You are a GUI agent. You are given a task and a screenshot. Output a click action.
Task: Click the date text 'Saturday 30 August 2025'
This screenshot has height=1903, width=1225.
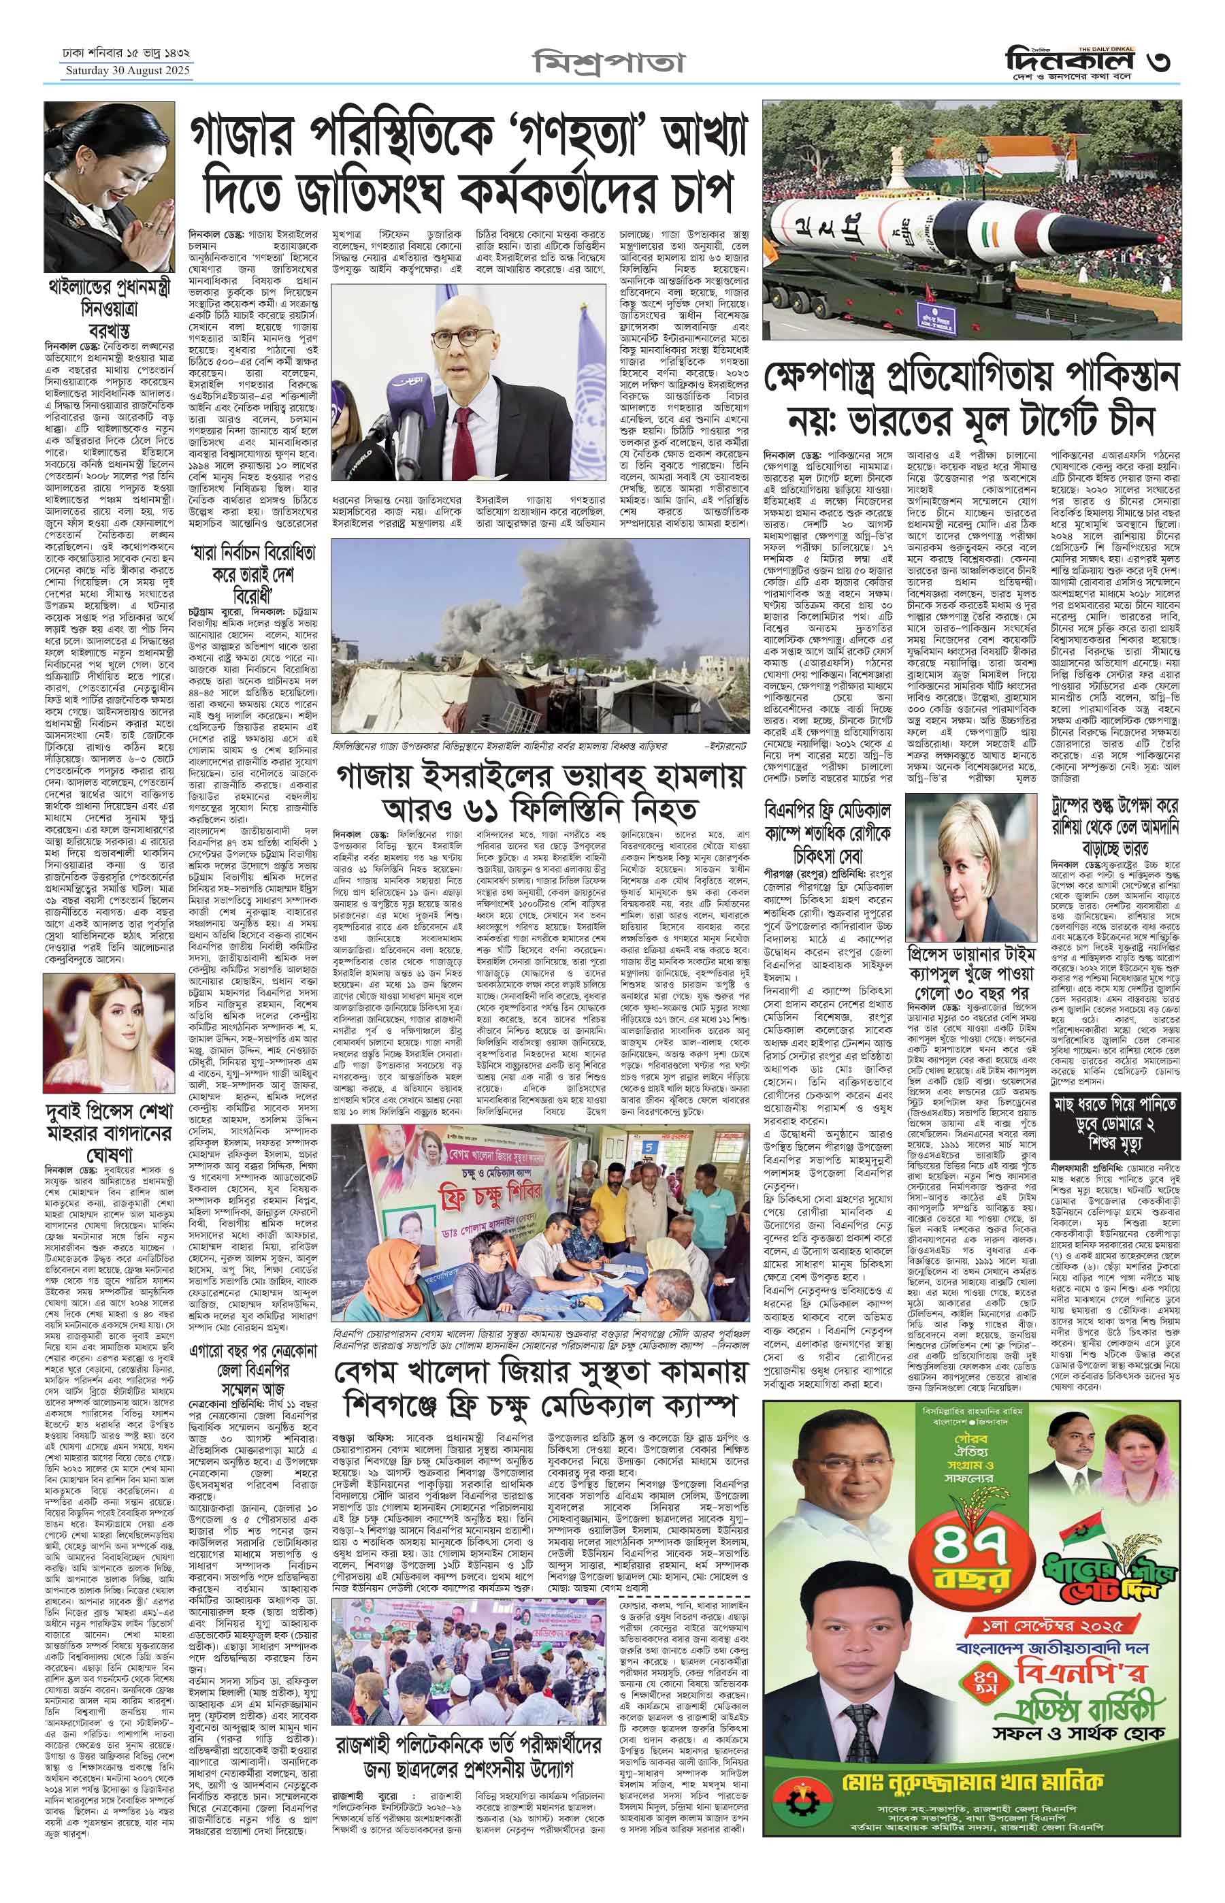click(x=127, y=71)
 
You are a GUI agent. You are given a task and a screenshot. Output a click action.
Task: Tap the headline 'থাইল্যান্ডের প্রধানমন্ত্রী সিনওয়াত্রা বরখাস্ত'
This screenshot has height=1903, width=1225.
click(x=110, y=306)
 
